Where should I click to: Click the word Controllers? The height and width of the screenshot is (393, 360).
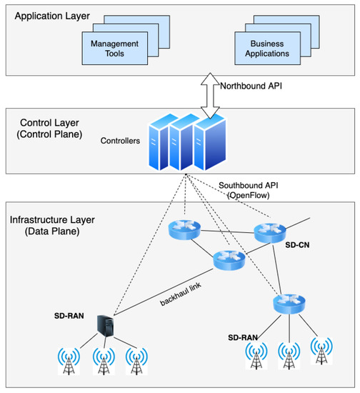point(120,141)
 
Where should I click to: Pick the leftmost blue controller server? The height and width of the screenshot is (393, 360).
point(162,141)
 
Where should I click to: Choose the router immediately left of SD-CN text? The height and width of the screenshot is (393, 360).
point(269,232)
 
